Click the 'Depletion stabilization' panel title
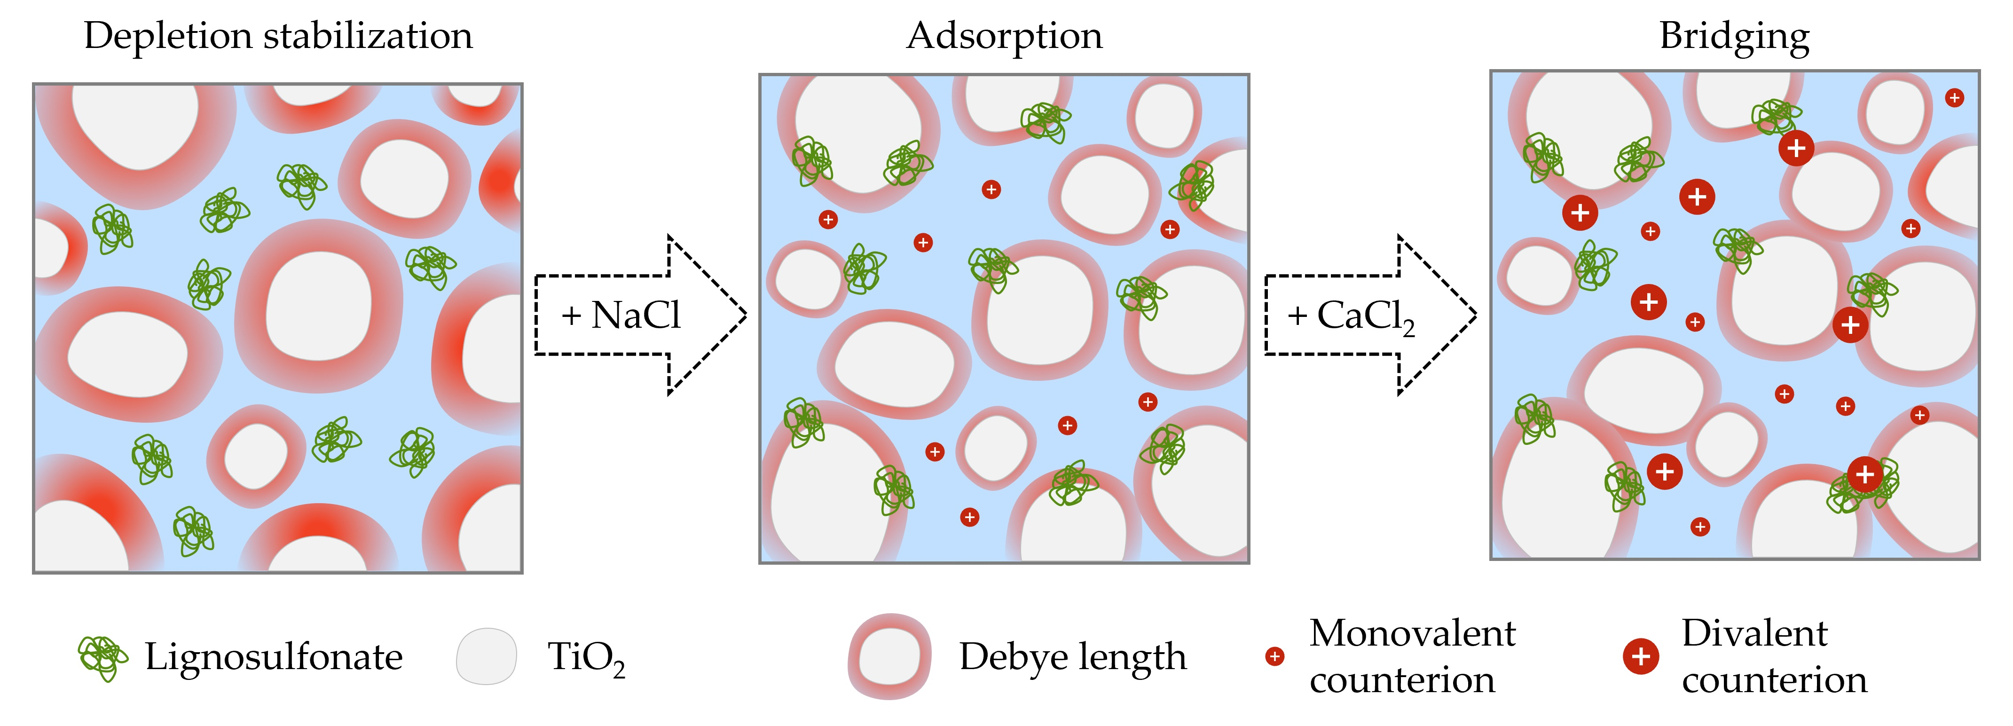coord(278,36)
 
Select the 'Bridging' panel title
coord(1734,36)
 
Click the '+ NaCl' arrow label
coord(621,315)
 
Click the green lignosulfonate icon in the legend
coord(102,658)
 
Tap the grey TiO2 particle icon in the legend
coord(486,656)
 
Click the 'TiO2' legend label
coord(586,658)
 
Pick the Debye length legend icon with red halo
coord(889,656)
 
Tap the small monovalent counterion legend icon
coord(1274,656)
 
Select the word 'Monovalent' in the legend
coord(1412,633)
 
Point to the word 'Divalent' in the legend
coord(1754,633)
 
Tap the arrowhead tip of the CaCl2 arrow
coord(1475,315)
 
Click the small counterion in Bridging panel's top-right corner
coord(1954,98)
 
